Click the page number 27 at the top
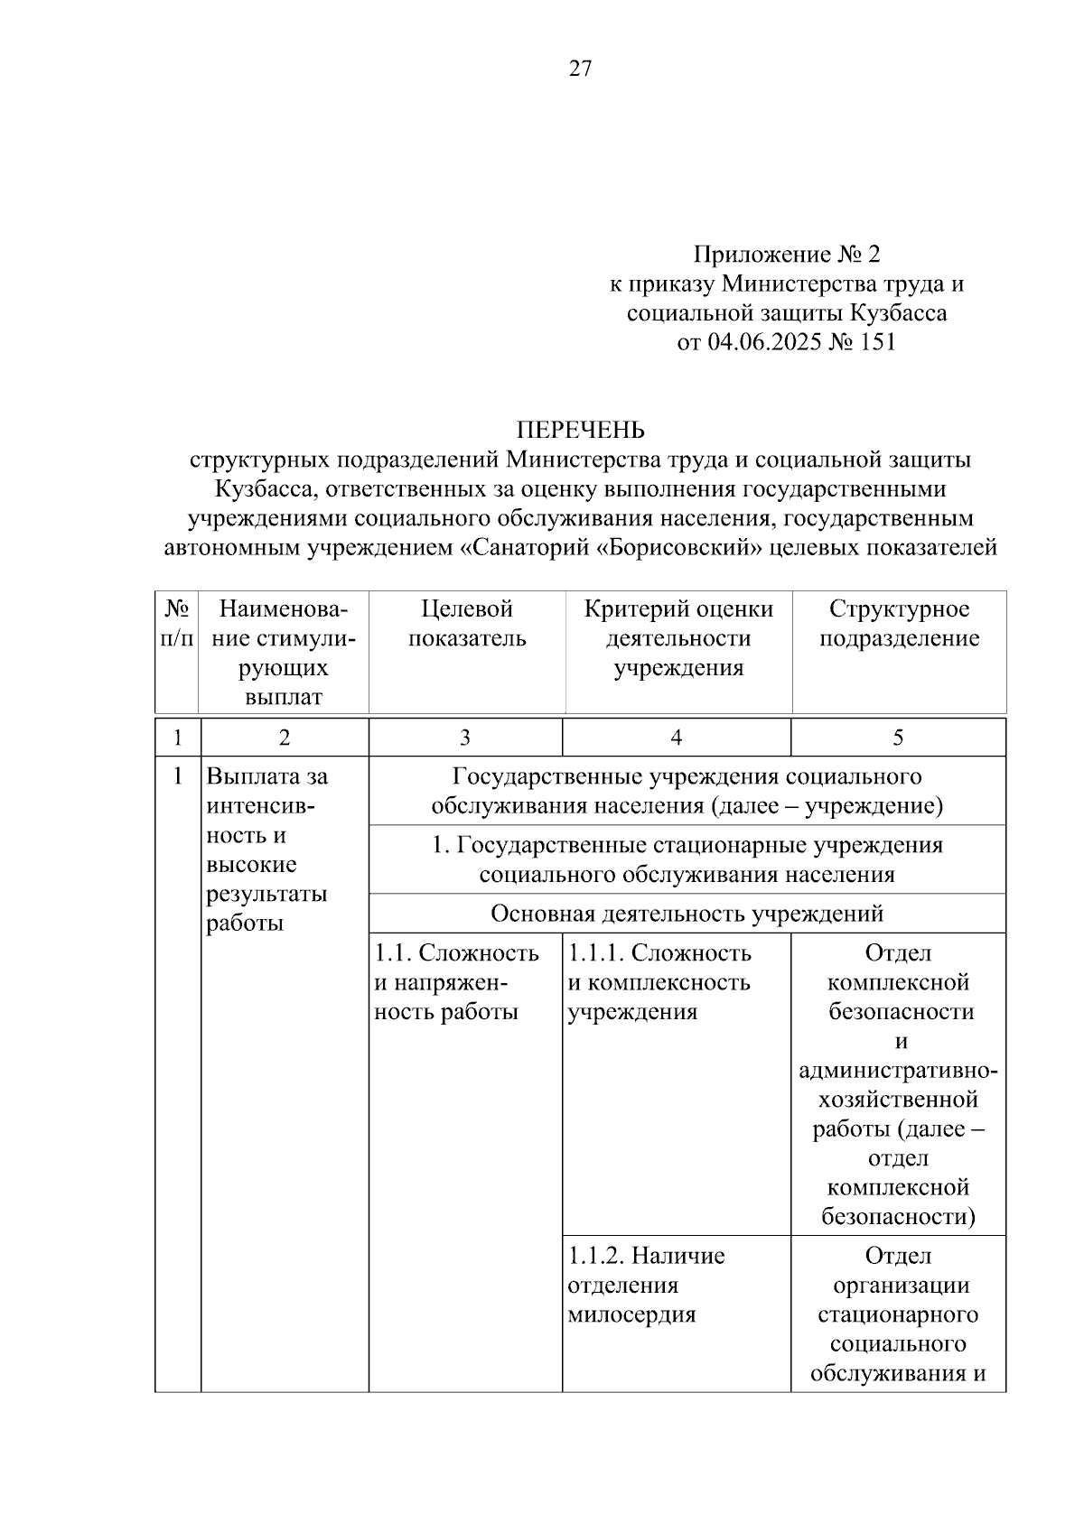(x=580, y=69)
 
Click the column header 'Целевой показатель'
(x=466, y=624)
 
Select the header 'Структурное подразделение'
(x=899, y=624)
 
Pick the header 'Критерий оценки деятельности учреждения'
(x=678, y=638)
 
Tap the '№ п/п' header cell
(x=177, y=624)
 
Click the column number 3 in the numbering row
(x=464, y=738)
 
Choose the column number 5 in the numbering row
(x=898, y=738)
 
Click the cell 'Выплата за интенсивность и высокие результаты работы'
(x=267, y=849)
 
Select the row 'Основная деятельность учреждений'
(x=687, y=914)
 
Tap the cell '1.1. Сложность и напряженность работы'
(x=457, y=982)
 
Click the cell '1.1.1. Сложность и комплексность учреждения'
(x=659, y=982)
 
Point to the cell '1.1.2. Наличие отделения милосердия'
(x=647, y=1285)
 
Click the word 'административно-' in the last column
(x=898, y=1071)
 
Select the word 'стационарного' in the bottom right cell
(x=898, y=1314)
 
